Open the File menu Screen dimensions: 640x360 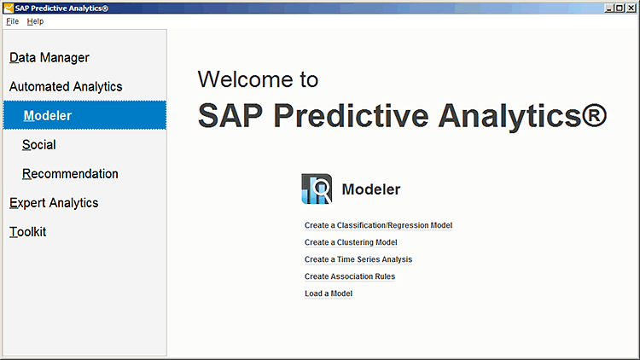click(12, 21)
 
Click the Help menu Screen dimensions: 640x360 click(35, 21)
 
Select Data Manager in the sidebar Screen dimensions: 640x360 click(49, 57)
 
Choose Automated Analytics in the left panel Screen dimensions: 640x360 click(66, 86)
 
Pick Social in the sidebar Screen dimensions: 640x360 click(38, 145)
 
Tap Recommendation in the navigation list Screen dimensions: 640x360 click(70, 174)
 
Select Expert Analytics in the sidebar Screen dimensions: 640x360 click(54, 203)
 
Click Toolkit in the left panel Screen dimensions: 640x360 click(28, 232)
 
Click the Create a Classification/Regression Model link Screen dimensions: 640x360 click(378, 225)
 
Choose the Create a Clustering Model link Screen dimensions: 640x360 click(351, 242)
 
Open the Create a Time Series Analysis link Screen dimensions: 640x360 click(358, 259)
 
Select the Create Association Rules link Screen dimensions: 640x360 click(350, 276)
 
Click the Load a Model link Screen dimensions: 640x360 click(329, 293)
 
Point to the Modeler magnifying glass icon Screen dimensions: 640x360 click(317, 189)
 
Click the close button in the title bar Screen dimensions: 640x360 click(631, 9)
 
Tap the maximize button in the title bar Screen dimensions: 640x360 click(620, 9)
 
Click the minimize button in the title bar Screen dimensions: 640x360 click(609, 9)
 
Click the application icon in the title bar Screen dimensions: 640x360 click(9, 9)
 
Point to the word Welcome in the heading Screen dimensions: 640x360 click(245, 79)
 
